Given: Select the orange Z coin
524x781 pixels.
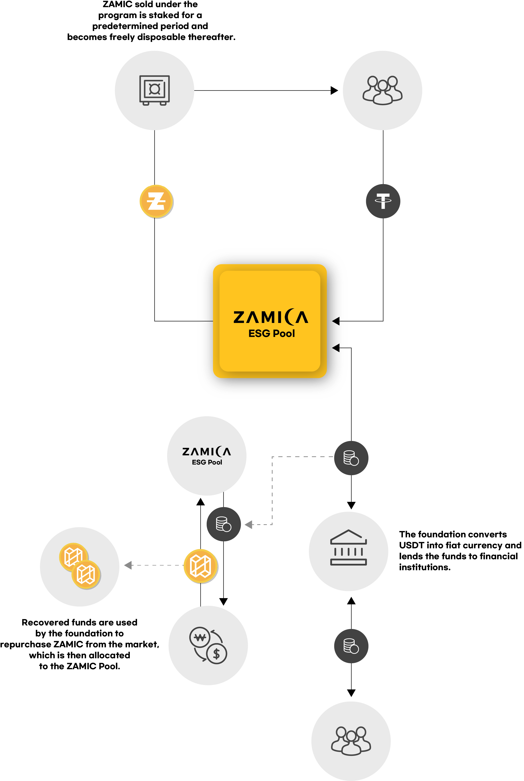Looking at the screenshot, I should point(156,201).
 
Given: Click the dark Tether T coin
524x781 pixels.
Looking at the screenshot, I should point(383,201).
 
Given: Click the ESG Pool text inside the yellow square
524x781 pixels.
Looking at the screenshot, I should point(271,333).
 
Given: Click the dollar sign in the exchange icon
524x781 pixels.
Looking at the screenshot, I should point(217,654).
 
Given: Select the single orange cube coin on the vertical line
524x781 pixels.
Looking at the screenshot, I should point(200,566).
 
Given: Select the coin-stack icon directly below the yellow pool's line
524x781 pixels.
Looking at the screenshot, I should point(351,458).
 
